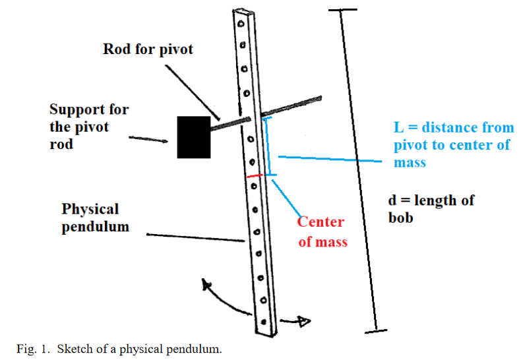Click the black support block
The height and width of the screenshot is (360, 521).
point(193,136)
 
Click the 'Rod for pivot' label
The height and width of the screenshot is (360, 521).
point(148,49)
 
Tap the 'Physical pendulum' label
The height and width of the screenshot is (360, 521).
point(90,218)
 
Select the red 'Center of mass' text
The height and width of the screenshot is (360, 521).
point(322,231)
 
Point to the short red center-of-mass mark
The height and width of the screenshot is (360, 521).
point(255,176)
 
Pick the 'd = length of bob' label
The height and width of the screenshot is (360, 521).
point(432,208)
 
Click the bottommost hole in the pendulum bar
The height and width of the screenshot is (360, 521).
point(264,322)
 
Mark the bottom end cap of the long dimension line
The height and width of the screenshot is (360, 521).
point(376,330)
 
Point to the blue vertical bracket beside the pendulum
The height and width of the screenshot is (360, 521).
point(267,146)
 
